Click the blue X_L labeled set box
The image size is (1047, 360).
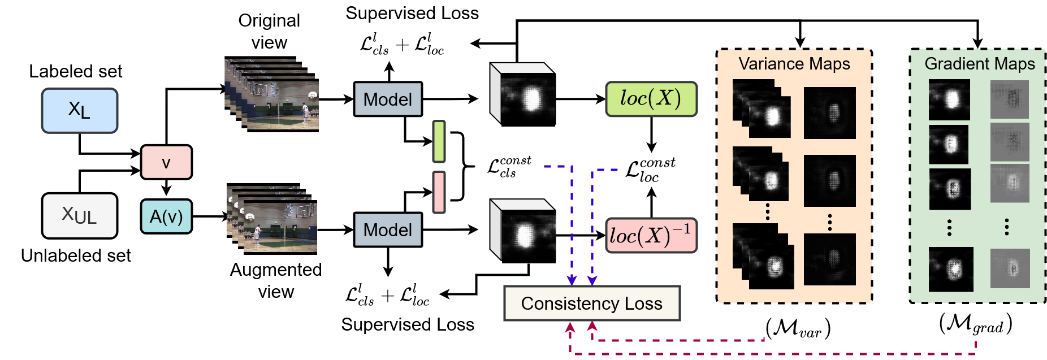(x=79, y=110)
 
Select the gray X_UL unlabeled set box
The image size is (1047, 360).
(x=80, y=215)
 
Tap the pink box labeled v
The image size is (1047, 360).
(x=166, y=162)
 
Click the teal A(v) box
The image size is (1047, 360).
(x=166, y=216)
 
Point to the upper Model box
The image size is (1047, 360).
(x=388, y=99)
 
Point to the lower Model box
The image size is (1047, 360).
(x=388, y=229)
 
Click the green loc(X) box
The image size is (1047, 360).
(x=651, y=99)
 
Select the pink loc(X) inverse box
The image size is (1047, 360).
(x=651, y=235)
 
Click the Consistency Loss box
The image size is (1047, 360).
(x=591, y=303)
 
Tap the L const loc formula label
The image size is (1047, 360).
(x=651, y=170)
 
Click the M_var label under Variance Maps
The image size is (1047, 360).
(x=798, y=328)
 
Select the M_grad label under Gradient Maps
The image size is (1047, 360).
(x=975, y=324)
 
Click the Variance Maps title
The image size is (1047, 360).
(x=794, y=64)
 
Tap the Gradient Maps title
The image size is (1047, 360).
(x=979, y=64)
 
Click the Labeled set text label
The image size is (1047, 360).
(x=76, y=71)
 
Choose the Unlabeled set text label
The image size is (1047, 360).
(x=76, y=255)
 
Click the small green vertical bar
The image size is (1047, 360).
(x=439, y=141)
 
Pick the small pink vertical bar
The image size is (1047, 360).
(x=439, y=192)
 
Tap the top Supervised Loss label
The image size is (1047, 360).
(x=412, y=13)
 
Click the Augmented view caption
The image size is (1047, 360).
(x=276, y=280)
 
